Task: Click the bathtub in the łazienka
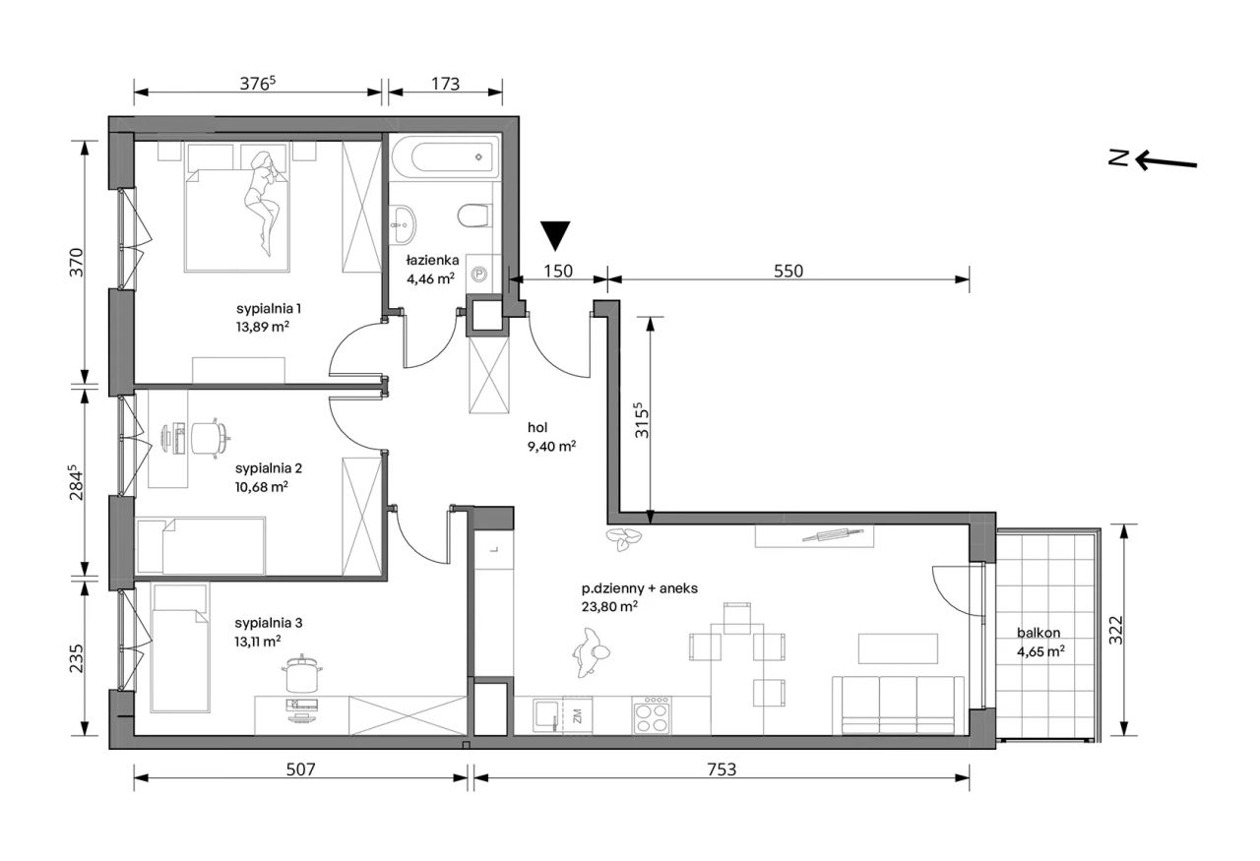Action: click(x=445, y=156)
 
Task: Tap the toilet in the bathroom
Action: click(x=473, y=215)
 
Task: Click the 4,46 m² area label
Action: click(x=430, y=278)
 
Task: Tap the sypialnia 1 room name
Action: click(x=269, y=308)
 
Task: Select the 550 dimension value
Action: click(x=788, y=271)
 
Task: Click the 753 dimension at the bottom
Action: click(x=722, y=769)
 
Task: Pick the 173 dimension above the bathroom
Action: click(x=446, y=84)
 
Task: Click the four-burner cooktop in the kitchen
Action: click(x=651, y=715)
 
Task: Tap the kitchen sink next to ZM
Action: click(x=546, y=714)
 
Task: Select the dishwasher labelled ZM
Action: click(x=577, y=715)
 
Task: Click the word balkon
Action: click(x=1039, y=633)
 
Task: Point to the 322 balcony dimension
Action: click(x=1116, y=630)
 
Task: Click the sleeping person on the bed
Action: click(x=262, y=204)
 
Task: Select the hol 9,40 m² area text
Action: click(x=551, y=437)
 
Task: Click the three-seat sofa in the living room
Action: click(x=899, y=706)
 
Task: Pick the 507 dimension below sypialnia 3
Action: click(x=300, y=769)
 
